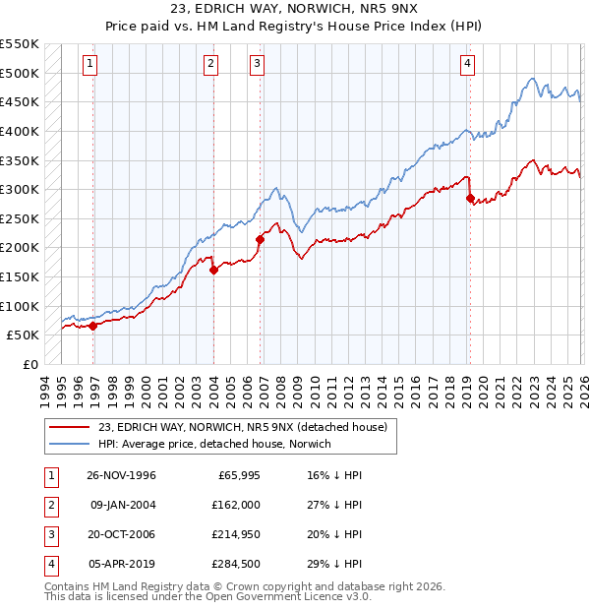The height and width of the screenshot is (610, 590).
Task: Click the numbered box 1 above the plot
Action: point(89,64)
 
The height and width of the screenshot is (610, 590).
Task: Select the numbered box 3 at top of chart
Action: point(257,64)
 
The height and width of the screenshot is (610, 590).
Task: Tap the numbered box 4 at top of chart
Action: point(467,64)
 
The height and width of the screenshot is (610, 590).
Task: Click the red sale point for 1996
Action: point(93,326)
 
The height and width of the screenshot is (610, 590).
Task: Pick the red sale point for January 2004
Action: point(213,270)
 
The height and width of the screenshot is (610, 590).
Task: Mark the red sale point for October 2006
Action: point(261,239)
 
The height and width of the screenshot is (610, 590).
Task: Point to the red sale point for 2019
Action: point(470,198)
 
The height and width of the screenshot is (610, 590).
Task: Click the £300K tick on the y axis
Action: point(21,189)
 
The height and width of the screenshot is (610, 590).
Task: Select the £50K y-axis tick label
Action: point(25,335)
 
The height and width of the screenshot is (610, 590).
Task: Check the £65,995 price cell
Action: point(236,474)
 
